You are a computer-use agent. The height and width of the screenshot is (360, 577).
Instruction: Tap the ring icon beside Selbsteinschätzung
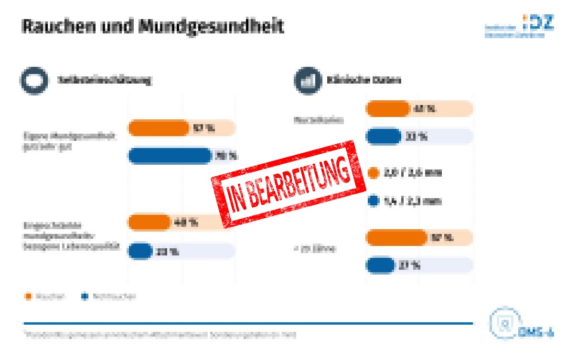pos(33,80)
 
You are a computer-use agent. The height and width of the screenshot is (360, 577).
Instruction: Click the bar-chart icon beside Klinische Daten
pos(307,80)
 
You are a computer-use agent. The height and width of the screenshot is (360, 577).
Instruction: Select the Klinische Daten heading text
pos(363,80)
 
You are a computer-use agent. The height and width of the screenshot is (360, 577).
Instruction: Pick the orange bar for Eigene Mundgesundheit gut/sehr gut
pos(159,128)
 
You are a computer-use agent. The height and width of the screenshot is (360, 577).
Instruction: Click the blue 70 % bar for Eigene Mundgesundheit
pos(170,156)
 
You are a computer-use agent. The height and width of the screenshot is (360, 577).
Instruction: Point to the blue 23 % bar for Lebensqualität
pos(140,251)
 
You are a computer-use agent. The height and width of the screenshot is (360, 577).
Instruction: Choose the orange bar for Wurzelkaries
pos(387,109)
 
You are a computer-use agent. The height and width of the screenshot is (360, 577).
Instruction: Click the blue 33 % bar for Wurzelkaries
pos(384,137)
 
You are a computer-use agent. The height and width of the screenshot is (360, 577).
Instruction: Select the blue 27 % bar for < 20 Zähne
pos(381,265)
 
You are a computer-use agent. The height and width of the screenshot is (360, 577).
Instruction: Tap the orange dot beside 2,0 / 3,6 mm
pos(374,173)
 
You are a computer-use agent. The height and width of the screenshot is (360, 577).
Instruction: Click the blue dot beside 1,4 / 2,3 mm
pos(374,201)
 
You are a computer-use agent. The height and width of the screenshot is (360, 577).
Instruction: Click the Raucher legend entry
pos(45,296)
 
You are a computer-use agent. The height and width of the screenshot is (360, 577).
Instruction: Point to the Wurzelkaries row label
pos(319,121)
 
